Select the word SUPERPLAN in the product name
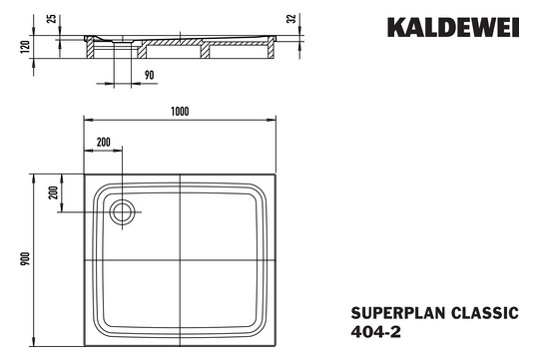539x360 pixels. pos(390,312)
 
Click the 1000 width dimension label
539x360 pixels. pos(180,111)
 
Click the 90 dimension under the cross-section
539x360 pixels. pos(149,75)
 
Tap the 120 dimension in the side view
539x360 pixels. pos(23,46)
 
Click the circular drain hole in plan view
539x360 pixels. pos(124,210)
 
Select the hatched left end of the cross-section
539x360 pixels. pos(92,43)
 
